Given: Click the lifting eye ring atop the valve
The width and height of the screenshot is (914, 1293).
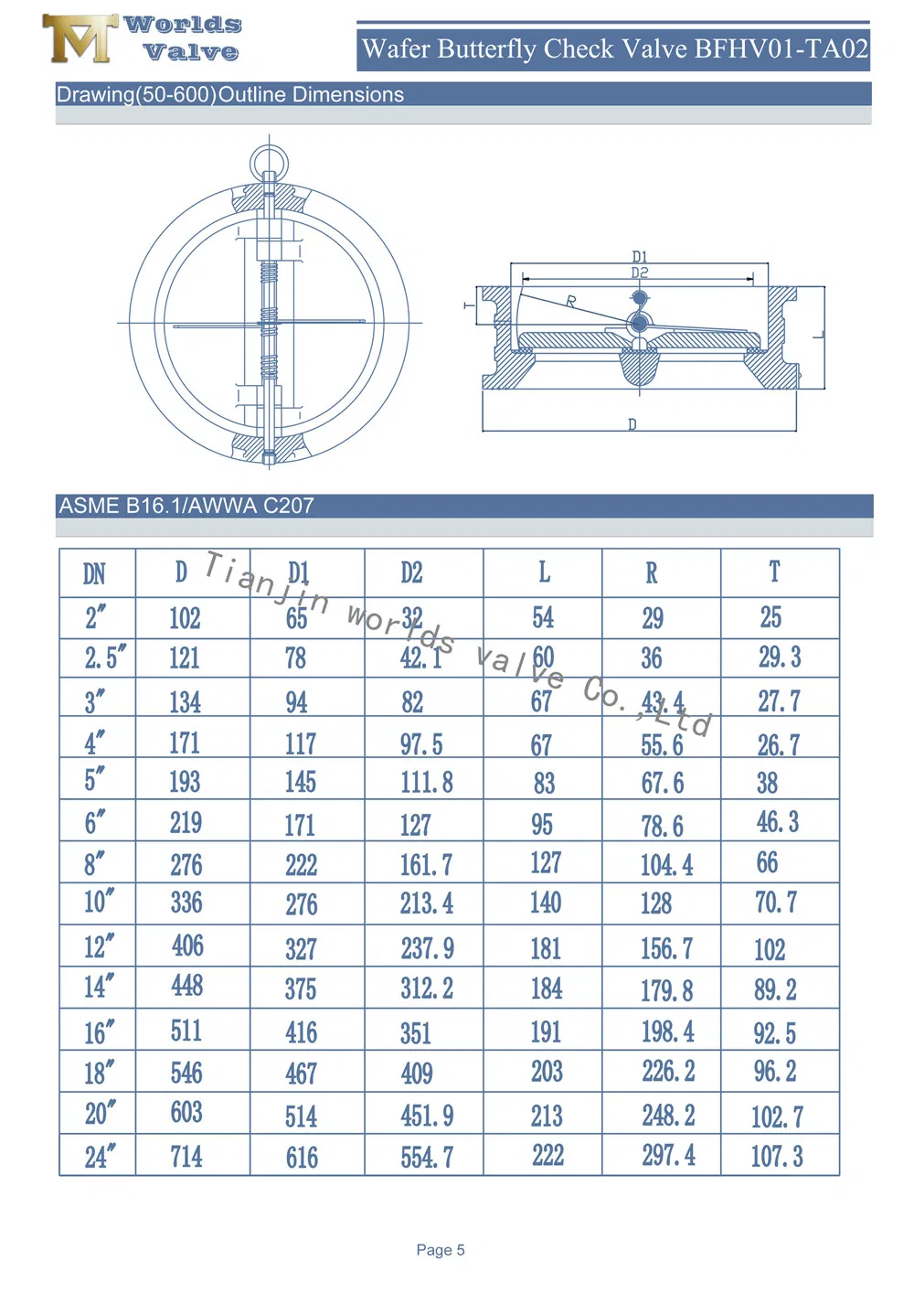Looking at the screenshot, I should [x=269, y=162].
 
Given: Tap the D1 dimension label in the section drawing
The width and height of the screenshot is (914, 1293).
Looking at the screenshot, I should [x=640, y=258].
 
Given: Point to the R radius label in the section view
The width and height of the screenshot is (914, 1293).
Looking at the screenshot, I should [x=571, y=301].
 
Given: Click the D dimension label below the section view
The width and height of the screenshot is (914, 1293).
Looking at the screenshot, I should [x=632, y=424].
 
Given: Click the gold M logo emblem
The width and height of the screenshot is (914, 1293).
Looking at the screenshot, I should [x=80, y=38].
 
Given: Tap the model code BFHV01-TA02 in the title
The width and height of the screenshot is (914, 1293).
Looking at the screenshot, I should [x=781, y=48].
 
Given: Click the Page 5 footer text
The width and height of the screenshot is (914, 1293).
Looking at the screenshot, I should [x=441, y=1250].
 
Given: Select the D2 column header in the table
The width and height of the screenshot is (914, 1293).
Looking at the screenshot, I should [x=411, y=573].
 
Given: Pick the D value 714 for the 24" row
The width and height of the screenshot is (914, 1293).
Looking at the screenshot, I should [x=186, y=1157].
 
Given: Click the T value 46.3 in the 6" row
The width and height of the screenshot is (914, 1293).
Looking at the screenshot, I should [x=777, y=822].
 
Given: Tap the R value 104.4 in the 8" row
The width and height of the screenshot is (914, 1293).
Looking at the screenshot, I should [x=666, y=865].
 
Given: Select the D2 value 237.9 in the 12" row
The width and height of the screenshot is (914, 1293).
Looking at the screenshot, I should [x=427, y=948].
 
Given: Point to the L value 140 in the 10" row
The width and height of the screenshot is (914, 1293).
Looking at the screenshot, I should [x=546, y=903].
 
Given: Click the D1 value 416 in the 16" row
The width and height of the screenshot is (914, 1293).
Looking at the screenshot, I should [x=301, y=1033].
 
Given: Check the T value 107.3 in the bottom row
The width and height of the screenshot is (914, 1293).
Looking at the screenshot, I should [x=777, y=1157].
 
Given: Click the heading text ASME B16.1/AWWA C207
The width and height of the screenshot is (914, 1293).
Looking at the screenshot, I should [x=186, y=506].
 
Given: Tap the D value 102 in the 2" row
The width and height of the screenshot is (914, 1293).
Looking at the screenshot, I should [x=185, y=619].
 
